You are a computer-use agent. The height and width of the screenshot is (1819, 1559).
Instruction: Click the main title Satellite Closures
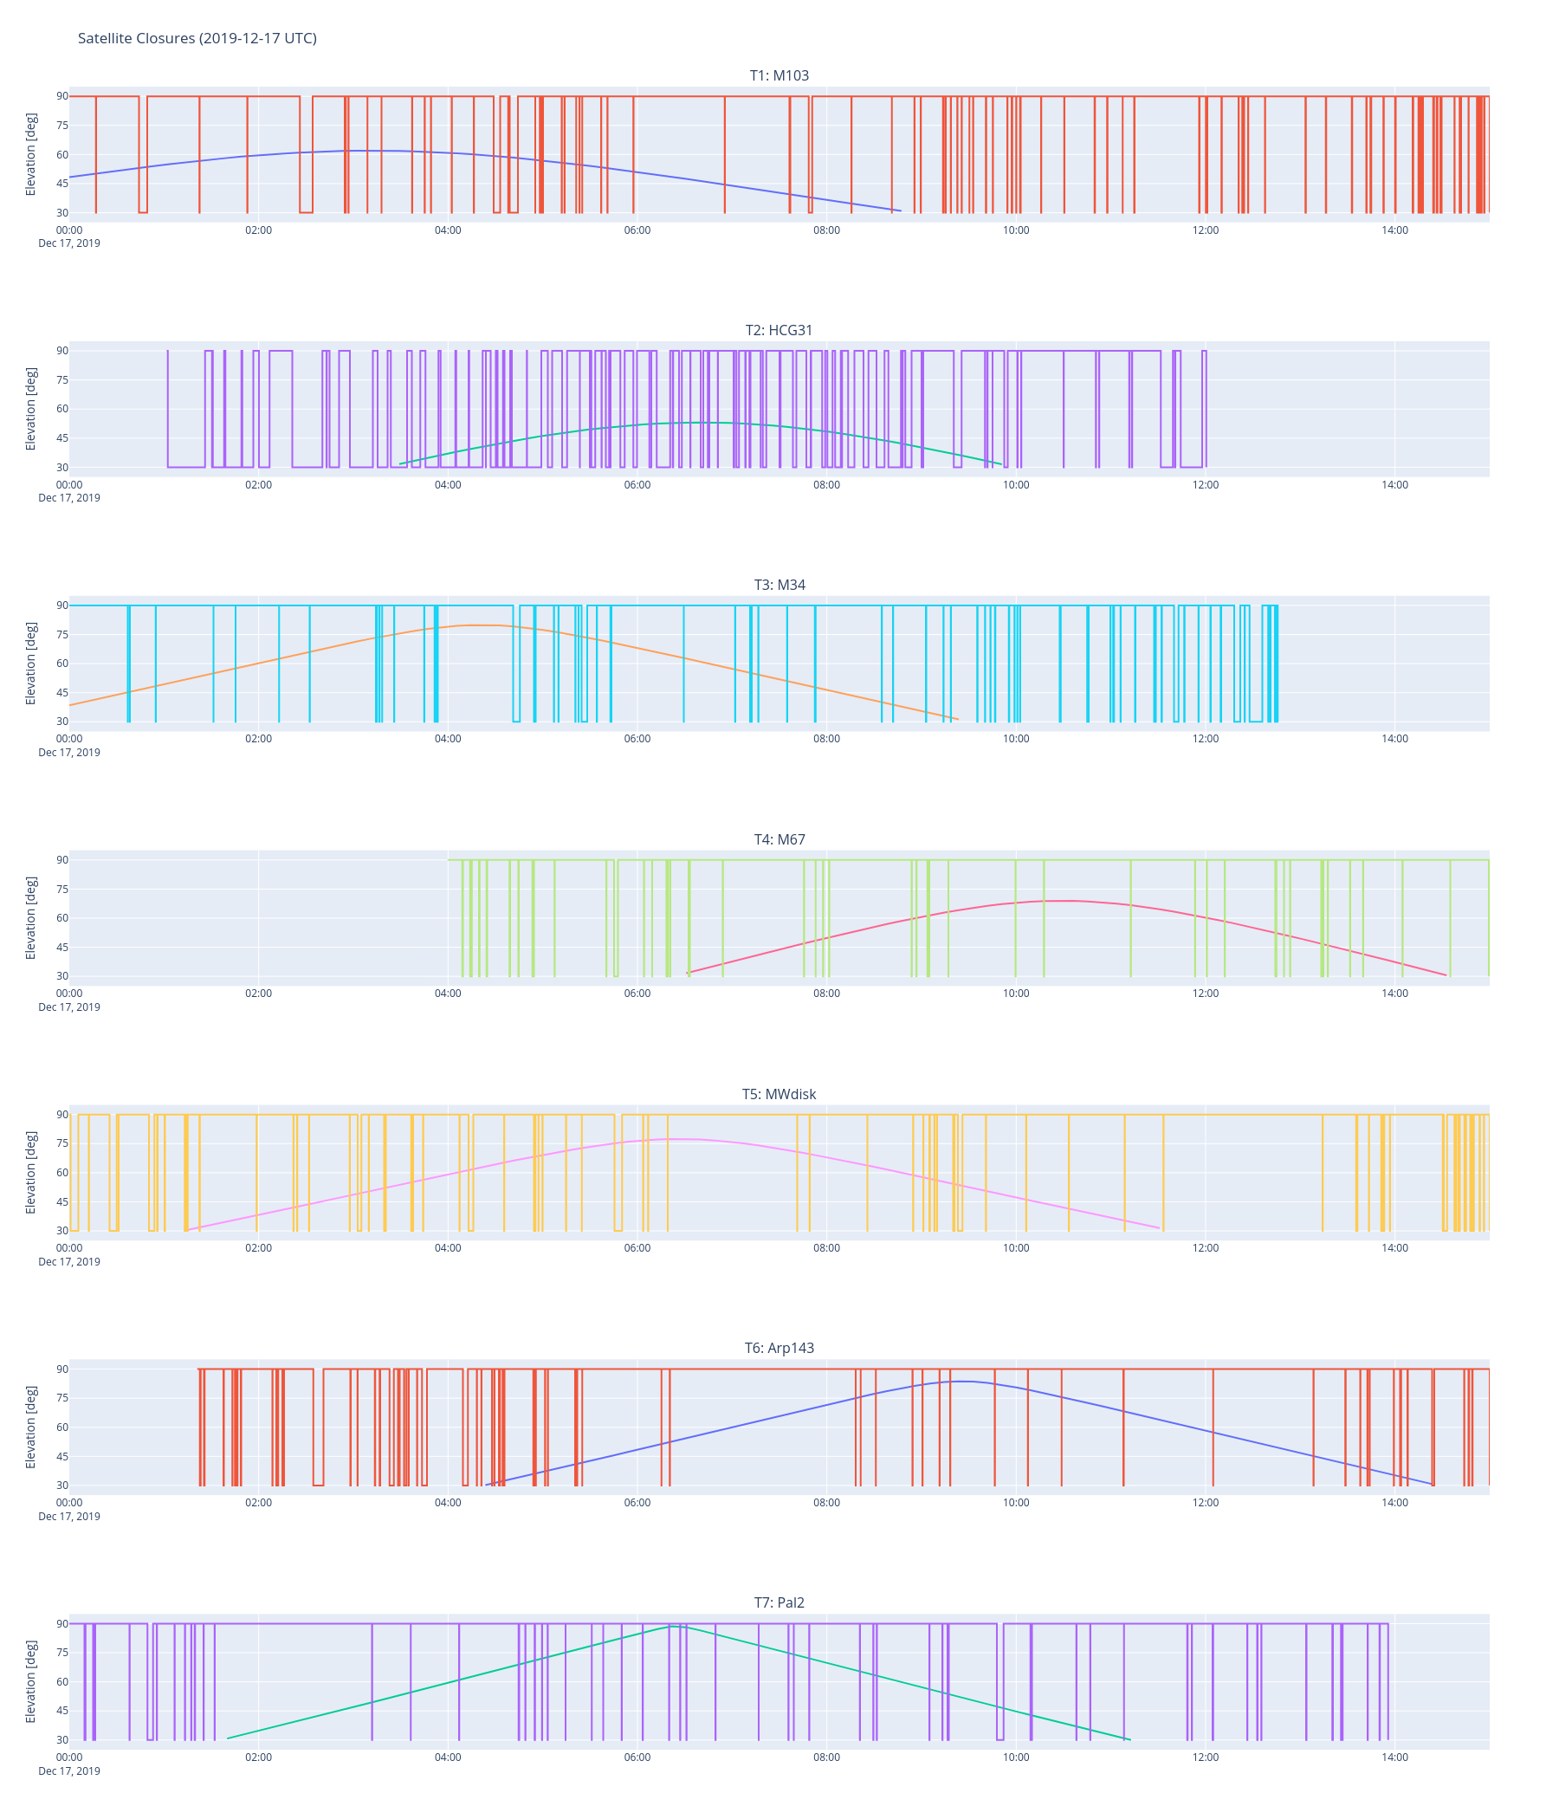tap(197, 38)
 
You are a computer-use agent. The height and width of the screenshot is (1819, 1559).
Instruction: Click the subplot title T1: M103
tap(779, 75)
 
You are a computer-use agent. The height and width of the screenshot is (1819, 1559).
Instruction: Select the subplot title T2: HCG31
tap(779, 330)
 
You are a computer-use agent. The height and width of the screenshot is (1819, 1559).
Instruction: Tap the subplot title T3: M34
tap(779, 585)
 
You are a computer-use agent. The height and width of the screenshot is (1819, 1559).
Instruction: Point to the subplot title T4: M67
tap(779, 839)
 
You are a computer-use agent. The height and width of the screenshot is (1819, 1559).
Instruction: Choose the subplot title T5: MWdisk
tap(779, 1094)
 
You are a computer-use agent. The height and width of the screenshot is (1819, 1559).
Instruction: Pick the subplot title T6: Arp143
tap(779, 1348)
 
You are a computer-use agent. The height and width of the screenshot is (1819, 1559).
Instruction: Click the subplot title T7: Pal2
tap(779, 1602)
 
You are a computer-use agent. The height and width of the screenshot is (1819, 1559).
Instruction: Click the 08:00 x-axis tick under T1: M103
tap(826, 230)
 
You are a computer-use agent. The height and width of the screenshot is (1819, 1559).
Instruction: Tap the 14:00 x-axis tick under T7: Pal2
tap(1394, 1757)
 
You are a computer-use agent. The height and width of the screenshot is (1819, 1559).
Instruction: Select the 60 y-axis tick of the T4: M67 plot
tap(62, 918)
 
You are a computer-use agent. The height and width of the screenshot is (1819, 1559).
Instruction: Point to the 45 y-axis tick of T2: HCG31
tap(62, 438)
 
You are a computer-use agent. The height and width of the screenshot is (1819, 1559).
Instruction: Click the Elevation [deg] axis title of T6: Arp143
tap(30, 1427)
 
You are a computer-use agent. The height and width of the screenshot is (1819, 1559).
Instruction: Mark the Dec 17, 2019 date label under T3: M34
tap(69, 753)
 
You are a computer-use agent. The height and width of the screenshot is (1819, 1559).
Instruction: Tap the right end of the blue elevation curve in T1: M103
tap(900, 210)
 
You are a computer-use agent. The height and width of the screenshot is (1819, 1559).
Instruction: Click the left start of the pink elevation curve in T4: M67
tap(688, 973)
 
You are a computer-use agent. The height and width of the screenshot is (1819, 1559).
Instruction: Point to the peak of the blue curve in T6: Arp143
tap(964, 1381)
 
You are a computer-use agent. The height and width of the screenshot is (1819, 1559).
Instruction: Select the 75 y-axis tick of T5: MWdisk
tap(62, 1143)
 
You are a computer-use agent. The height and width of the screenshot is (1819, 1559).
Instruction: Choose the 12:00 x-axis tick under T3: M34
tap(1206, 738)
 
